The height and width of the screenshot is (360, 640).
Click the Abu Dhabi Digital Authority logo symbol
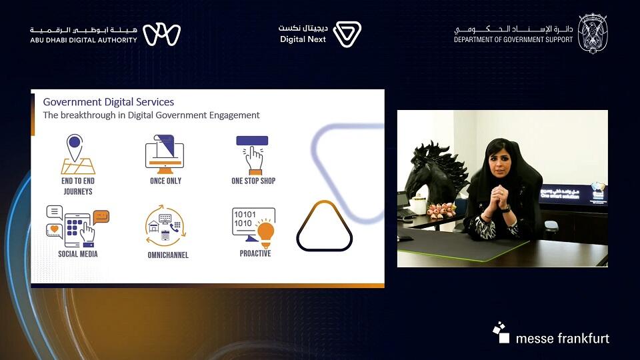(162, 35)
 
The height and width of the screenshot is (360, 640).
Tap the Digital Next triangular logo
(347, 35)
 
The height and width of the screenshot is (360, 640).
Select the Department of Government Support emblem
(592, 33)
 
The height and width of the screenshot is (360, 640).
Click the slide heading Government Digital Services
(108, 102)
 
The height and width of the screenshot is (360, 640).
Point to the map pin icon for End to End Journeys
(75, 145)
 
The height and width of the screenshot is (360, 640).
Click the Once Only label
(165, 181)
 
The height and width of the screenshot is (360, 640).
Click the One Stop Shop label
(253, 181)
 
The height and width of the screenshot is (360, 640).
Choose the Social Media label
(77, 254)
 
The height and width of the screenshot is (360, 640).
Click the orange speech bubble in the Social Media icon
(101, 216)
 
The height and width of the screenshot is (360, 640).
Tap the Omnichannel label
(168, 255)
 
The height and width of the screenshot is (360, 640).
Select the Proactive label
(255, 253)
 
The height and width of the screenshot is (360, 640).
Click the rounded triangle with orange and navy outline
(324, 227)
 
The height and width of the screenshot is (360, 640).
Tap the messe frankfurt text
(562, 338)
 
